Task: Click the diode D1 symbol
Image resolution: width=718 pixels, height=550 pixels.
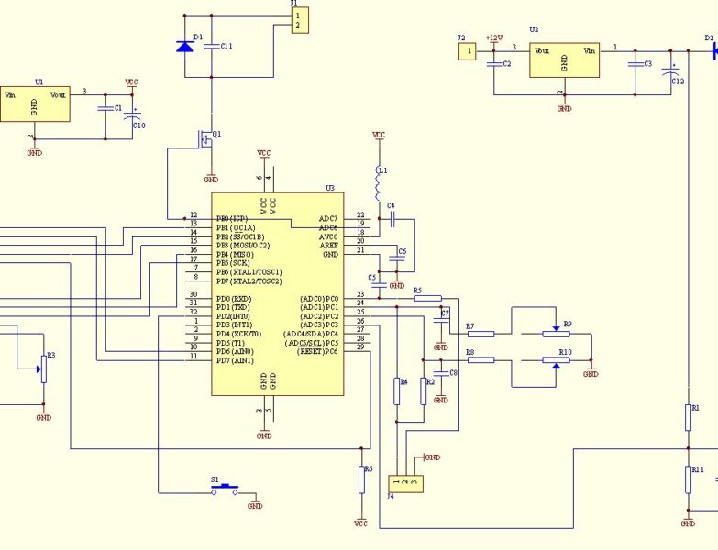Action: [x=185, y=45]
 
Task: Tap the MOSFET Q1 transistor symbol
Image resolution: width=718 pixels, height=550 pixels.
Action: [x=208, y=137]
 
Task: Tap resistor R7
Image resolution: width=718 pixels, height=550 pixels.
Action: [x=481, y=334]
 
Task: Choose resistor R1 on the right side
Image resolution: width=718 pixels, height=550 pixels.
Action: [x=688, y=417]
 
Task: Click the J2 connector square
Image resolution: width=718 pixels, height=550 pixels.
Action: [x=468, y=51]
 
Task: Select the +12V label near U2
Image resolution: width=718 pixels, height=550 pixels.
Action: [x=494, y=38]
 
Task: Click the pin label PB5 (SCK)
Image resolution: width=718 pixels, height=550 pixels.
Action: [x=236, y=263]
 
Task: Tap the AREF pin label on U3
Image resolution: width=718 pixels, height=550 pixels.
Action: [x=328, y=246]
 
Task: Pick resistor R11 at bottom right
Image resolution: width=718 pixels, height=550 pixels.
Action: [x=688, y=478]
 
